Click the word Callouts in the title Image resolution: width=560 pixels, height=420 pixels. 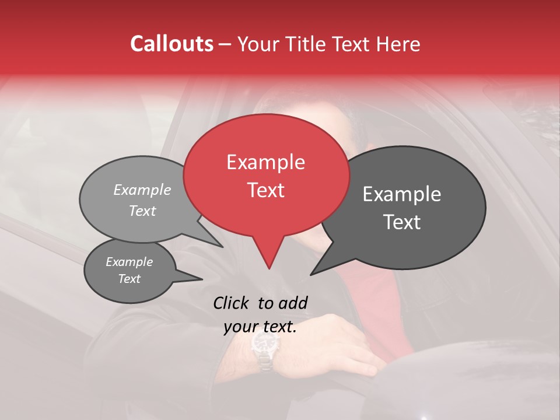(x=171, y=44)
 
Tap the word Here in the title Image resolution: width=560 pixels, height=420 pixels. (x=399, y=44)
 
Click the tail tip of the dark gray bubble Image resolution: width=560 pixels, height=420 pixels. (x=312, y=274)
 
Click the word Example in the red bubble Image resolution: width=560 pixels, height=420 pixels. (x=265, y=162)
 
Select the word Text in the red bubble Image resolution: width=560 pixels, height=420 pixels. (x=266, y=190)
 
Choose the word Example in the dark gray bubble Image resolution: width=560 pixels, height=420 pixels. (x=402, y=194)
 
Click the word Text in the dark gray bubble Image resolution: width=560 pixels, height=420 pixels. (x=402, y=222)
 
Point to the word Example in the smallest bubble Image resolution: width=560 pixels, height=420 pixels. (x=129, y=262)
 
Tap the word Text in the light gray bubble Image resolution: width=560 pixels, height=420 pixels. (x=142, y=211)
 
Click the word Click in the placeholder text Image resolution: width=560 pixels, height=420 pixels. (x=232, y=303)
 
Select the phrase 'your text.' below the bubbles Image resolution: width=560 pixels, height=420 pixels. (x=260, y=327)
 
